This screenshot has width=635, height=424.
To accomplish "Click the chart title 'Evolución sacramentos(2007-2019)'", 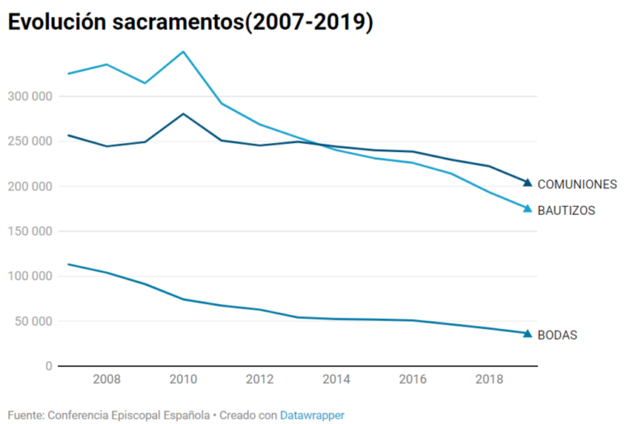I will pyautogui.click(x=191, y=22).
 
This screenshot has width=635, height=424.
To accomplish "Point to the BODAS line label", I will pyautogui.click(x=557, y=336).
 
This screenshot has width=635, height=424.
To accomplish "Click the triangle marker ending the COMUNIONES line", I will pyautogui.click(x=528, y=183).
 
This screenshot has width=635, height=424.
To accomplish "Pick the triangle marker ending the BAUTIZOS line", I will pyautogui.click(x=528, y=208).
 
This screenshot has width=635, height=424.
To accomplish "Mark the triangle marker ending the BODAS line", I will pyautogui.click(x=528, y=334).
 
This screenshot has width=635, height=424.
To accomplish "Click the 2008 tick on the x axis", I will pyautogui.click(x=106, y=379).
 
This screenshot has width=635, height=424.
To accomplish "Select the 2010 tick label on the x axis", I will pyautogui.click(x=183, y=379).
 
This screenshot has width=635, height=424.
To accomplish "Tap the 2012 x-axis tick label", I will pyautogui.click(x=260, y=379).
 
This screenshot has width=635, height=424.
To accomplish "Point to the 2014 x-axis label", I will pyautogui.click(x=336, y=379).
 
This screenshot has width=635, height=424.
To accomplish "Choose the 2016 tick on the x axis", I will pyautogui.click(x=413, y=379).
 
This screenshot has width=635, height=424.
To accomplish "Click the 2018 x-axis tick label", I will pyautogui.click(x=489, y=379).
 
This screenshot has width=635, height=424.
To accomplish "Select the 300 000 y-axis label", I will pyautogui.click(x=30, y=97).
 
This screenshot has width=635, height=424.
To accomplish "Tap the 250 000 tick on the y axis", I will pyautogui.click(x=30, y=141).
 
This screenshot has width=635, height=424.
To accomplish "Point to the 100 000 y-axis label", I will pyautogui.click(x=30, y=276).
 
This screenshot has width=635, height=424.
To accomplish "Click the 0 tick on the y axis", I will pyautogui.click(x=49, y=366).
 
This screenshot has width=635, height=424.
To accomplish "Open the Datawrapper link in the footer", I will pyautogui.click(x=312, y=415).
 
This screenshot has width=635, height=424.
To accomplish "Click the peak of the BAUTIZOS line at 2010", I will pyautogui.click(x=183, y=52).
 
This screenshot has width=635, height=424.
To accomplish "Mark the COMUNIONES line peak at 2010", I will pyautogui.click(x=183, y=114).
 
